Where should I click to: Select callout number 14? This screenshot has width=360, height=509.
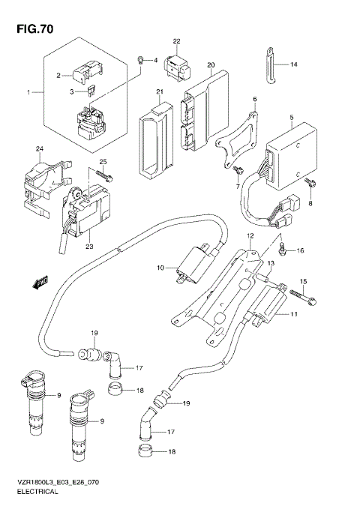294,65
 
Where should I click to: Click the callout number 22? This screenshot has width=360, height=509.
177,40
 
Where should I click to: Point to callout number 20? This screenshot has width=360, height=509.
211,65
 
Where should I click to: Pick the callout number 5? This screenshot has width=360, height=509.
292,118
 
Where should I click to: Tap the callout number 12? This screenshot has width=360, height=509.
250,236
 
